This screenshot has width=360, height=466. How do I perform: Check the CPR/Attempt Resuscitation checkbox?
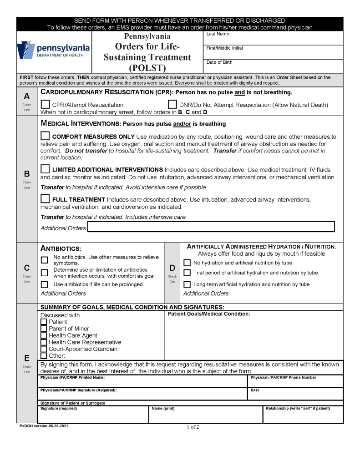[x=45, y=104]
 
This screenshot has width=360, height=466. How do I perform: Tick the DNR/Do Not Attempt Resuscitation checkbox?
[x=172, y=104]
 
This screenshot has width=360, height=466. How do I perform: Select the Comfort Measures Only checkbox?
[x=45, y=136]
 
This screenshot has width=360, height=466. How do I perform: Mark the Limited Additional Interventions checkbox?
[x=45, y=169]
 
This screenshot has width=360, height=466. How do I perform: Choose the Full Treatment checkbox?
[x=45, y=198]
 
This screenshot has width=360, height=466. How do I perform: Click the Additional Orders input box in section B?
[x=211, y=227]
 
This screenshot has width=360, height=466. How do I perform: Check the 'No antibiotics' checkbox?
[x=44, y=260]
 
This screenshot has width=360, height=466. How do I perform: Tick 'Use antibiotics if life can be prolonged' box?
[x=44, y=284]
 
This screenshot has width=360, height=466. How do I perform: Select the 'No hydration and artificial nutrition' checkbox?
[x=187, y=263]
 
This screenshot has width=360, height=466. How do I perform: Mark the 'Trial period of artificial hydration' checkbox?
[x=187, y=273]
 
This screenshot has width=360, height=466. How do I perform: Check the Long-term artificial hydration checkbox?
[x=187, y=284]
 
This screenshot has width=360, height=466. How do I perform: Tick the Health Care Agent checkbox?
[x=44, y=335]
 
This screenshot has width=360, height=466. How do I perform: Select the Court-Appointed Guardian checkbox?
[x=44, y=349]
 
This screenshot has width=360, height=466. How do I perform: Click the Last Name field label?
[x=218, y=34]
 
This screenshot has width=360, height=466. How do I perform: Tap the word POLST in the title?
[x=147, y=68]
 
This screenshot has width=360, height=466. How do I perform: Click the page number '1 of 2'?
[x=193, y=427]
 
